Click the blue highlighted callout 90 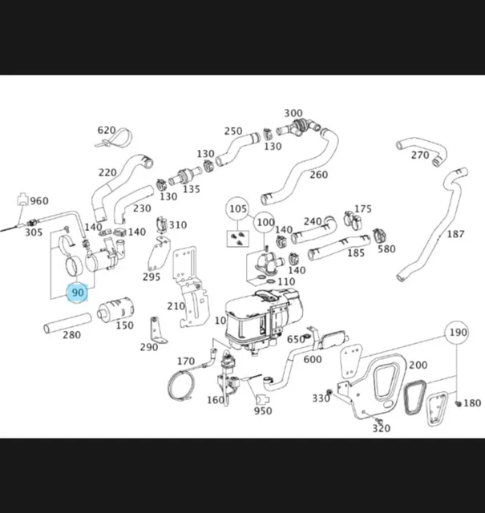tap(78, 293)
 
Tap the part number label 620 tap(107, 130)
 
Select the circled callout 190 tap(458, 333)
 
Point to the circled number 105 tap(237, 210)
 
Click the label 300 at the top tap(293, 114)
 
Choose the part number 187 tap(455, 234)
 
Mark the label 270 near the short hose tap(420, 155)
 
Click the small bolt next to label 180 tap(457, 402)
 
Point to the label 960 tap(38, 200)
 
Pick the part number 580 tap(386, 248)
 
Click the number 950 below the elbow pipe tap(262, 411)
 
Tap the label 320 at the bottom tap(381, 428)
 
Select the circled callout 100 tap(265, 221)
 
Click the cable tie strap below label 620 tap(104, 143)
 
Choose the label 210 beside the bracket tap(176, 306)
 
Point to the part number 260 tap(318, 175)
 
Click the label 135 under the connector tap(191, 189)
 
